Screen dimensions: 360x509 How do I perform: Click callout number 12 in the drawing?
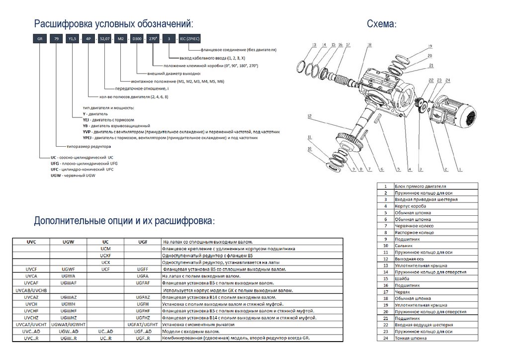(309, 116)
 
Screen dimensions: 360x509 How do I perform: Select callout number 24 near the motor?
(447, 80)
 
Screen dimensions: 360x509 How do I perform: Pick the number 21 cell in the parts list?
(385, 318)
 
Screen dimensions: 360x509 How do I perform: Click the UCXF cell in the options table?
(105, 255)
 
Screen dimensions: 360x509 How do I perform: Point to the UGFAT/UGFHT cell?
(143, 324)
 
